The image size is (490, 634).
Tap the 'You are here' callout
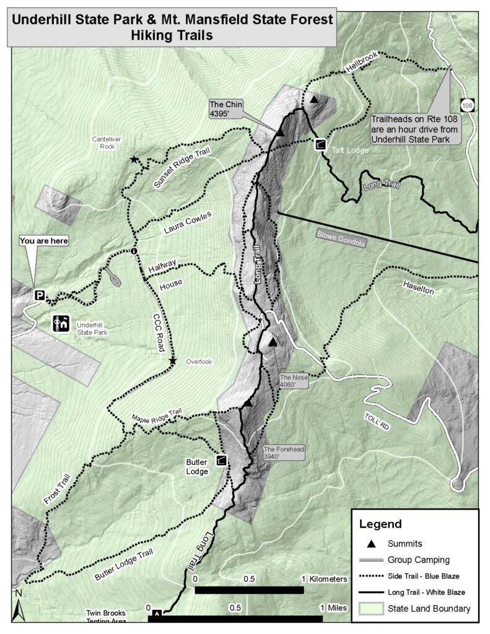coord(44,240)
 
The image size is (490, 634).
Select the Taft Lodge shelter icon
coord(320,145)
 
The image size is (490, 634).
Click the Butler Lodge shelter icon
coord(221,461)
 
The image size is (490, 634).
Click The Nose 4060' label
coord(293,380)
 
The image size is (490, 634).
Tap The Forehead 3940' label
coord(284,453)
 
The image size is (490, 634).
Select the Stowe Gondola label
coord(341,239)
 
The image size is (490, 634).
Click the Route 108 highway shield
coord(467,106)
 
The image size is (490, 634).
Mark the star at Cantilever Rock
coord(134,160)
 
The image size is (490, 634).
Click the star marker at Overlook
coord(173,360)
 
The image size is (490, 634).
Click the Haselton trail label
coord(419,286)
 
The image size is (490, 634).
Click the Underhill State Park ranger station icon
coord(61,323)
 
